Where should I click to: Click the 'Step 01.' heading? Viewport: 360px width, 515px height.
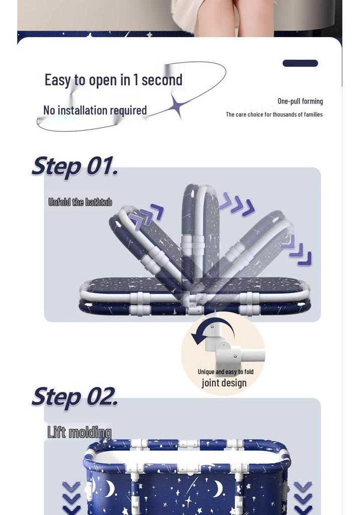[74, 166]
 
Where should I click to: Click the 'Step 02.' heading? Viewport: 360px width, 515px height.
[74, 397]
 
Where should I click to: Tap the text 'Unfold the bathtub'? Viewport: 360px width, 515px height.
[80, 202]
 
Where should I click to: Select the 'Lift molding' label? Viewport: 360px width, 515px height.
[79, 432]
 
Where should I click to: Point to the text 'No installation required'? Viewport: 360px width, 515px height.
[95, 110]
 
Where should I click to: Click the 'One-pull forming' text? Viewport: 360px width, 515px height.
[300, 101]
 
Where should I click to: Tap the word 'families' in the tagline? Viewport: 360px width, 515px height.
[313, 114]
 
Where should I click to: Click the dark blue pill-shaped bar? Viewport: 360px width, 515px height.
[300, 63]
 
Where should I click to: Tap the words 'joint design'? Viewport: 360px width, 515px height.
[224, 383]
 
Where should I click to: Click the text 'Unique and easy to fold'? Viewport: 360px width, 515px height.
[226, 372]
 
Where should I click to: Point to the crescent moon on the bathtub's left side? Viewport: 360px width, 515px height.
[111, 488]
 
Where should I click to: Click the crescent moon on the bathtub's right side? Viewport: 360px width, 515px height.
[218, 488]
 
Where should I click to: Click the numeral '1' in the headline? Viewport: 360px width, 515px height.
[135, 80]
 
